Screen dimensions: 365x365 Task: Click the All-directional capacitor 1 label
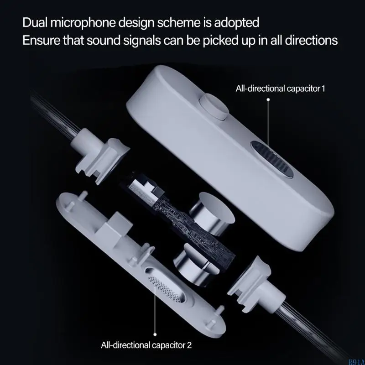point(280,88)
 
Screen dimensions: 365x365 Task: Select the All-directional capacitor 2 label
point(146,344)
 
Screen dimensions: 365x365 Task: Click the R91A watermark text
point(356,362)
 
